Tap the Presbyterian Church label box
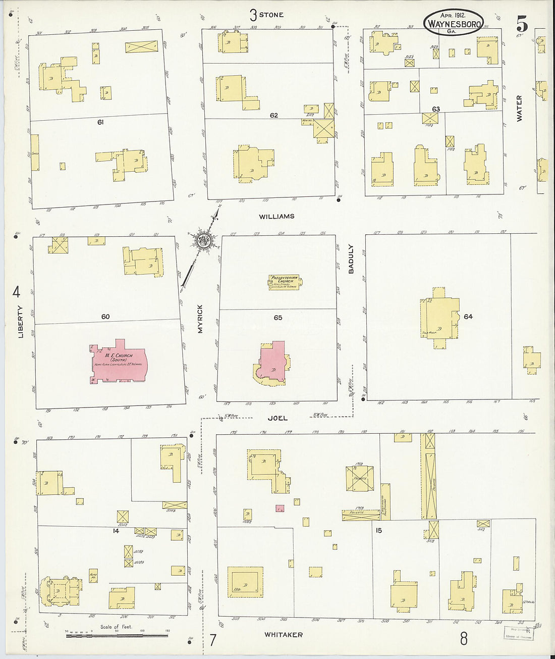click(285, 282)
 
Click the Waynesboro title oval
click(454, 22)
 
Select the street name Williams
click(276, 217)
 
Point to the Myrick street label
click(200, 319)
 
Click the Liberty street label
click(21, 322)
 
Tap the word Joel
click(277, 418)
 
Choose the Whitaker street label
click(284, 635)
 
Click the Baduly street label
click(351, 259)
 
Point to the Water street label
click(519, 108)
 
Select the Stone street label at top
click(271, 15)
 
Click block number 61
click(100, 122)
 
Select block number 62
click(273, 115)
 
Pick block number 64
click(468, 317)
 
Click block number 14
click(116, 531)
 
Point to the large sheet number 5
click(522, 23)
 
